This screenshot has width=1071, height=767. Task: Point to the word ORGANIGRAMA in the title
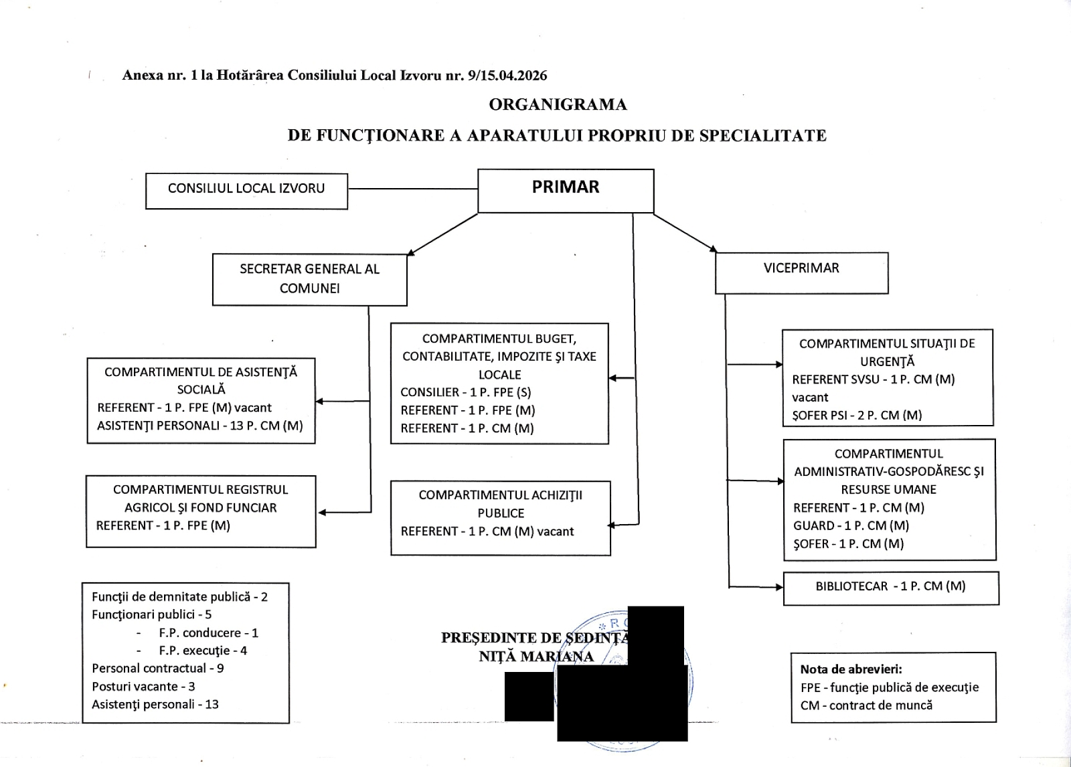coord(558,104)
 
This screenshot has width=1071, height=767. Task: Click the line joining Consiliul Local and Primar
coord(412,189)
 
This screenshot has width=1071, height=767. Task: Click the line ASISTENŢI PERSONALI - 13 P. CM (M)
coord(200,426)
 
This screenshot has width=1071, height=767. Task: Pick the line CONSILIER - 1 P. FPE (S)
coord(466,392)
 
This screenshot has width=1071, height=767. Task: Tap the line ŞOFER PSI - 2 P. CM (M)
coord(857,415)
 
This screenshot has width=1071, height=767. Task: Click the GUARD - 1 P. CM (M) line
coord(851,525)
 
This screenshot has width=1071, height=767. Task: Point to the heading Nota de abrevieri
coord(851,669)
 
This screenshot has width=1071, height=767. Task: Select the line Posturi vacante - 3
coord(143,686)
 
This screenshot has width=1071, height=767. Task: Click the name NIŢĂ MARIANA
coord(536,657)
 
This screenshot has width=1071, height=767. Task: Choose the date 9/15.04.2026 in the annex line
coord(508,76)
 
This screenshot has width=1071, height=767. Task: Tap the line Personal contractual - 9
coord(158,668)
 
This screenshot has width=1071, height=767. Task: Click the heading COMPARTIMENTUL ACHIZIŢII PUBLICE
coord(501,504)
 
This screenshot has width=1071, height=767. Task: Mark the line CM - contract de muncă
coord(866,705)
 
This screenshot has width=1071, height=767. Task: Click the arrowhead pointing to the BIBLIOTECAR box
coord(779,587)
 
